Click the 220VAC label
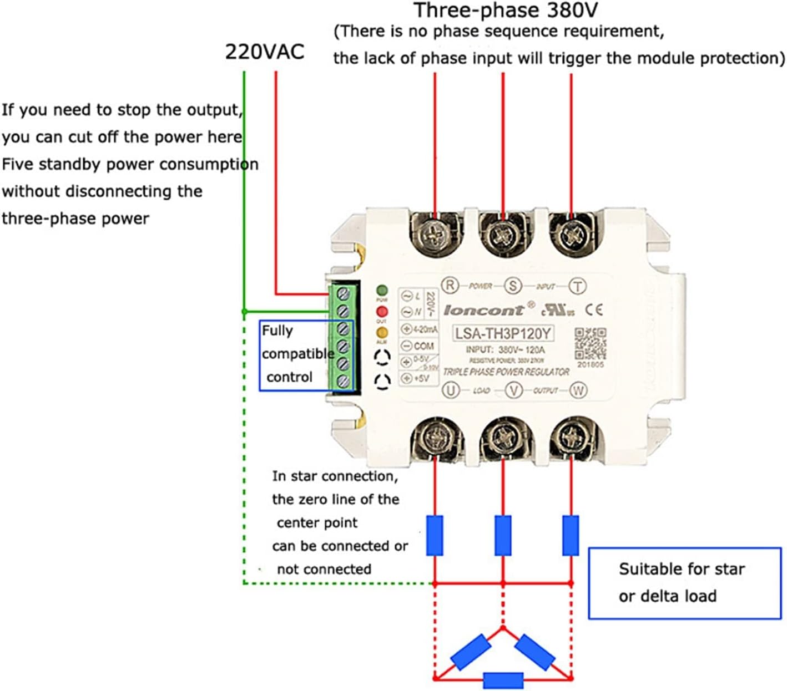tap(264, 52)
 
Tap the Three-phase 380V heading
tap(506, 11)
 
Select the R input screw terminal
tap(435, 235)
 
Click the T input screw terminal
tap(572, 235)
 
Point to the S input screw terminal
tap(503, 235)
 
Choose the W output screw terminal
tap(572, 437)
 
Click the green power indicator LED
tap(382, 290)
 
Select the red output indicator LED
tap(382, 312)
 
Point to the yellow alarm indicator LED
tap(382, 333)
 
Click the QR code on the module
tap(590, 343)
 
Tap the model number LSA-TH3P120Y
tap(503, 333)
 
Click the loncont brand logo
tap(483, 310)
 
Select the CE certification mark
tap(594, 309)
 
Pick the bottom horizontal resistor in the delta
tap(503, 679)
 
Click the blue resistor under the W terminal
tap(571, 535)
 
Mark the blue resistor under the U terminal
tap(435, 535)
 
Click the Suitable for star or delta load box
tap(684, 583)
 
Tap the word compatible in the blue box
tap(298, 354)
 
